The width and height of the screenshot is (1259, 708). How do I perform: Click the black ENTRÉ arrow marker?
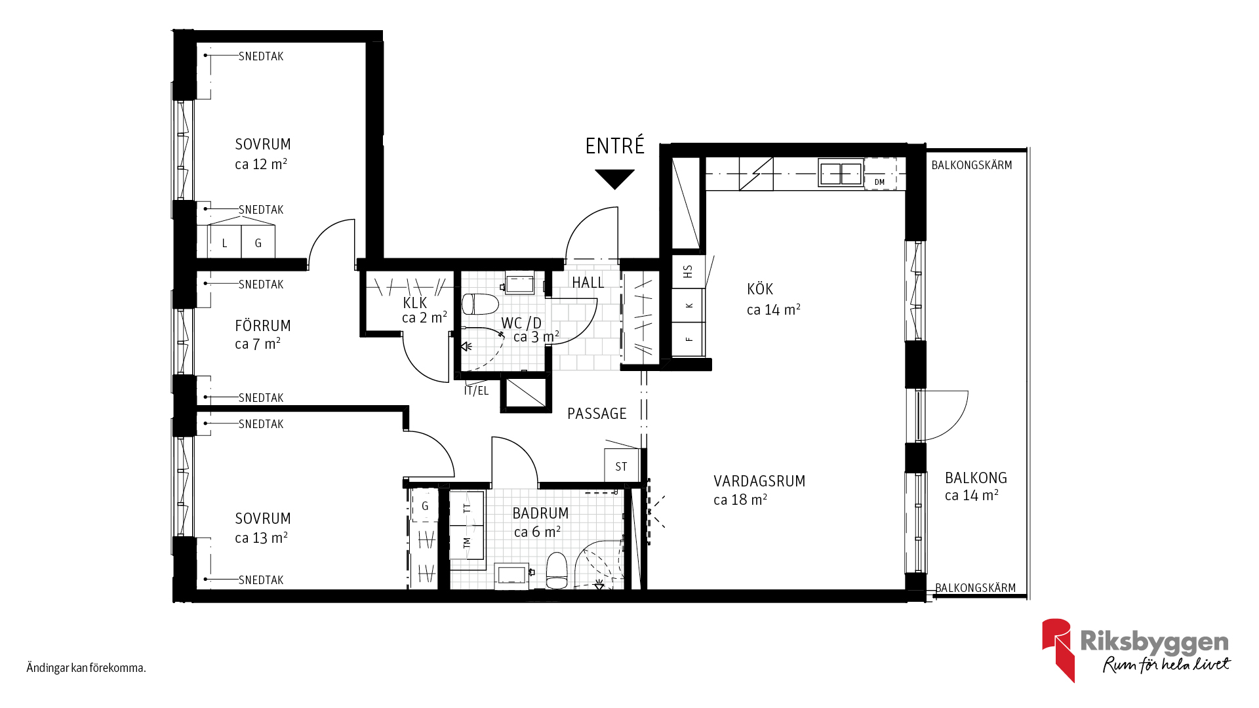click(615, 178)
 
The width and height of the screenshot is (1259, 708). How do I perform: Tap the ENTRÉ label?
click(615, 146)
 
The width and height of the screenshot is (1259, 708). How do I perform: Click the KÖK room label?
click(760, 289)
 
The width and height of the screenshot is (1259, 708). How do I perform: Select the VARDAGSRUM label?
click(759, 481)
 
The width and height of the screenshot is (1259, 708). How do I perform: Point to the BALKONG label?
click(976, 478)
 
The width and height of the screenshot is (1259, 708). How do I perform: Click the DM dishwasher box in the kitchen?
click(880, 174)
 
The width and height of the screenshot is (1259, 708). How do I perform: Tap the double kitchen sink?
click(841, 174)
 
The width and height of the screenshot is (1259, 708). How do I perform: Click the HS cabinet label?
click(688, 271)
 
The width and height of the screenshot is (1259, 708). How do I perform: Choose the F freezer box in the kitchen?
click(689, 339)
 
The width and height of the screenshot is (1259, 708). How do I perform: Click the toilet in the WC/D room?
click(480, 304)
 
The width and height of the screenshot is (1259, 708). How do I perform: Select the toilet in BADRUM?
click(557, 570)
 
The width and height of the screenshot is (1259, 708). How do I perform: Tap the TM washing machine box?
click(466, 543)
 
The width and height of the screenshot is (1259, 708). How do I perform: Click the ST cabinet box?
click(621, 465)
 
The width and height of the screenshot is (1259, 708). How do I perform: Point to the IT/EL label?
click(476, 391)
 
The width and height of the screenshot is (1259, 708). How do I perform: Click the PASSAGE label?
click(597, 414)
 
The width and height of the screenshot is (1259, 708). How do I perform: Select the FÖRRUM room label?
click(262, 326)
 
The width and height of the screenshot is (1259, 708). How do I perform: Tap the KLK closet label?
click(415, 303)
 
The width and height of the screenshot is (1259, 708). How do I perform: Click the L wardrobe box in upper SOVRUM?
click(224, 241)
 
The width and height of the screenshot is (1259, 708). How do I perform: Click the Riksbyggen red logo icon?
click(1057, 650)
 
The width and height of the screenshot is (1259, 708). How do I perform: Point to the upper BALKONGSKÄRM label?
click(972, 165)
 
